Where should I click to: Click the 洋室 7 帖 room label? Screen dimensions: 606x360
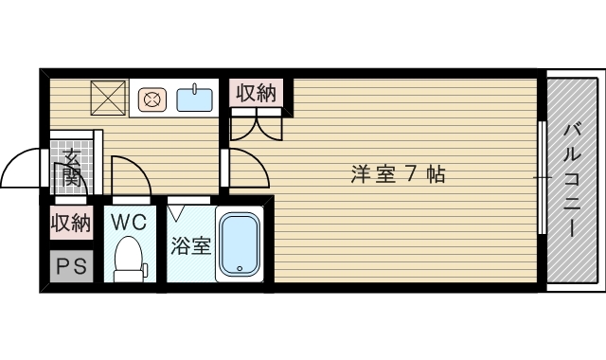pos(398,174)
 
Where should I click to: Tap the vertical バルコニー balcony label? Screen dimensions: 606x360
pos(572,180)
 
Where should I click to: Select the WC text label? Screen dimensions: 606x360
pos(129,222)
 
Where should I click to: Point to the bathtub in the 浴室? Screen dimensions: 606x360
pos(240,244)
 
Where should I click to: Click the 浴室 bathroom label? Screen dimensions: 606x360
pos(191,245)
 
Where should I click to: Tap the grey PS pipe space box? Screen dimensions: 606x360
pos(72,266)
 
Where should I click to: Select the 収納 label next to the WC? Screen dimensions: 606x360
pos(71,223)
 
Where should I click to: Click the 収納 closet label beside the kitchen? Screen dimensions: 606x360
pos(257,93)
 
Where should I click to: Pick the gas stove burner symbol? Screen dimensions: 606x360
pos(152,99)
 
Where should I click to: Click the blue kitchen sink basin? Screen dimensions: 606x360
pos(195,99)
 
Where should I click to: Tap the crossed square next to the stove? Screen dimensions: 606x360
pos(108,98)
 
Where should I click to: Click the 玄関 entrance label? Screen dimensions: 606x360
pos(72,167)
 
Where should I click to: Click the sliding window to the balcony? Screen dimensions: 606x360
pos(542,178)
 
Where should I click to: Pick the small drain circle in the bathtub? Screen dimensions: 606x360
pos(240,268)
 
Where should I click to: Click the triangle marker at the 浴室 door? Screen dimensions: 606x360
pos(176,213)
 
